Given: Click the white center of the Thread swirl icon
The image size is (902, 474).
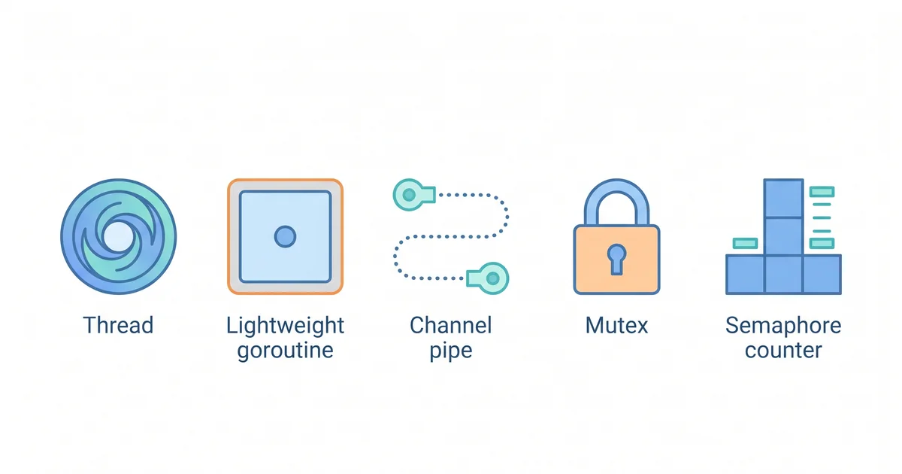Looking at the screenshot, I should tap(117, 236).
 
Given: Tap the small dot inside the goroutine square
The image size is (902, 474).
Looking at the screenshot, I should tap(285, 236).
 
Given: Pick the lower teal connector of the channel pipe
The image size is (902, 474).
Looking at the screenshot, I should tap(491, 278).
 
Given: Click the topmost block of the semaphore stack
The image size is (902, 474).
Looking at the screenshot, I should tap(783, 198).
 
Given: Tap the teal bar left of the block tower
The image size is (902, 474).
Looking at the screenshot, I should tap(747, 243).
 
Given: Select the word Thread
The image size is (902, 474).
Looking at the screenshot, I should tap(118, 326).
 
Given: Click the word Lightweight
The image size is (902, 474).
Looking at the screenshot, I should tap(285, 326).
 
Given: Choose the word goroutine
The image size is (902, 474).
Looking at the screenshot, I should tap(285, 351).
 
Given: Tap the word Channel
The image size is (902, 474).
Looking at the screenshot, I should tap(451, 326).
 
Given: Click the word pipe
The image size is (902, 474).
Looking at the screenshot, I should tap(451, 351).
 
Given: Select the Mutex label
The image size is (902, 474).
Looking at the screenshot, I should tap(616, 326).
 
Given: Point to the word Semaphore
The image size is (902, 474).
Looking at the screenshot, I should tap(783, 326).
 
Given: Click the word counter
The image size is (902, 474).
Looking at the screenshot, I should tap(783, 351).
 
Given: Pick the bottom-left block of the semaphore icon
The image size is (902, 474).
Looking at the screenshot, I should tap(745, 275).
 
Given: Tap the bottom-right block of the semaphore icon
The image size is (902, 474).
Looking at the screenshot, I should tap(822, 275).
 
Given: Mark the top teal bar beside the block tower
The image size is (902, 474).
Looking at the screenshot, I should tap(822, 184).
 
